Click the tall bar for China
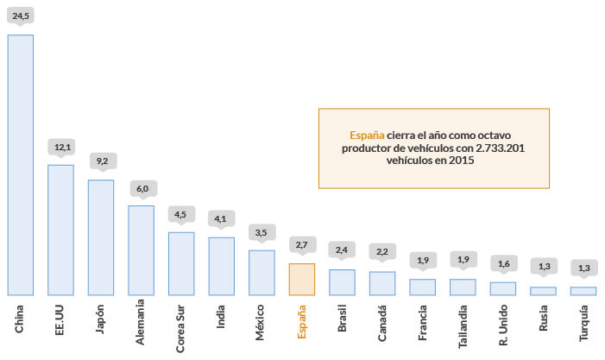[x=21, y=164]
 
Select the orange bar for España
[x=301, y=279]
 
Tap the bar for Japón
[x=101, y=237]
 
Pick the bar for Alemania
[x=141, y=250]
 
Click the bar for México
[x=262, y=273]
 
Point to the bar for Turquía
[x=583, y=291]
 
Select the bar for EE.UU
[x=60, y=230]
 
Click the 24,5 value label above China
[x=21, y=14]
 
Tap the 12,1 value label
[x=61, y=147]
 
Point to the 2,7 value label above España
[x=302, y=246]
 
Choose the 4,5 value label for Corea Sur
[x=181, y=214]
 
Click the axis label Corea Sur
[x=180, y=326]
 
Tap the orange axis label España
[x=301, y=320]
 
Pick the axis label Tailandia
[x=463, y=324]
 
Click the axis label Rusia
[x=543, y=317]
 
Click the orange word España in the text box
[x=366, y=136]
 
